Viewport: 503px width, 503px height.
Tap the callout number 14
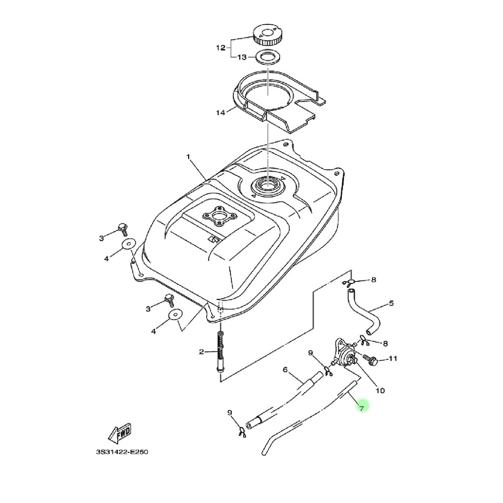click(x=221, y=112)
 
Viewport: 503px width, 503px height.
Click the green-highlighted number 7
click(x=362, y=408)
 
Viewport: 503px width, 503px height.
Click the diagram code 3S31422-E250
click(x=122, y=452)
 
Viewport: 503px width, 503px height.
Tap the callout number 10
click(x=380, y=391)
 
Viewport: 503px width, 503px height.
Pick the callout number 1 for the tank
click(x=188, y=157)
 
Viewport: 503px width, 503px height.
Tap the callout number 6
click(x=285, y=370)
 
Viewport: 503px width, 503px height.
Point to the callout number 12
click(x=221, y=48)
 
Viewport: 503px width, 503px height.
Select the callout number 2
click(x=201, y=352)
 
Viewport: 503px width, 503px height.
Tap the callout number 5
click(x=391, y=303)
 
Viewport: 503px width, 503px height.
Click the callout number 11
click(x=393, y=359)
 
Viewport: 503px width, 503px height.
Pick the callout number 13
click(x=242, y=57)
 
